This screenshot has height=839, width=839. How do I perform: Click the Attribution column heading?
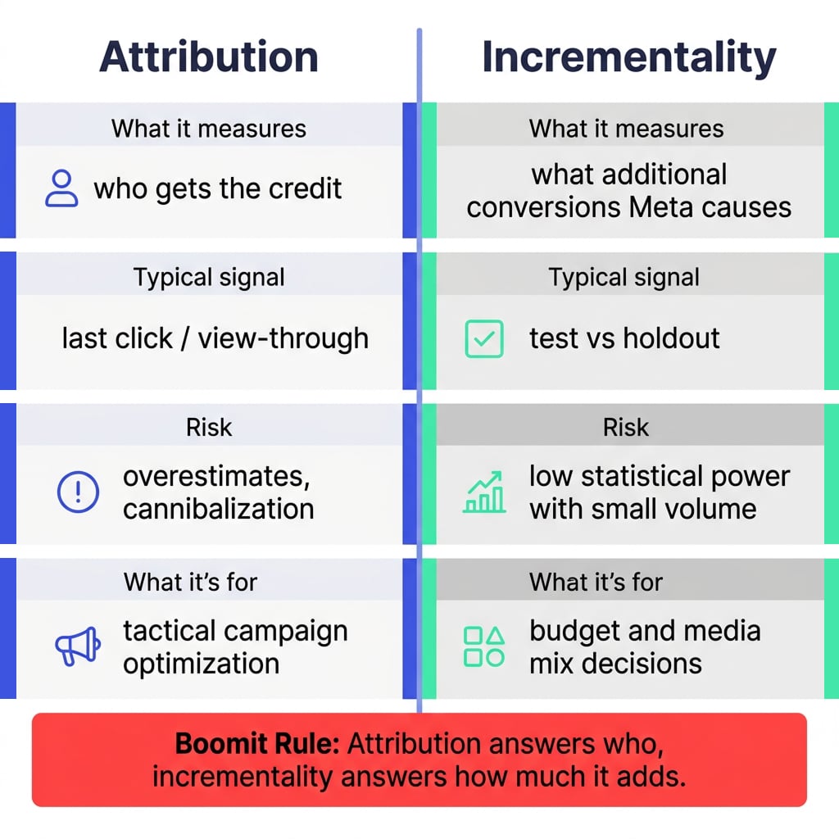pos(209,57)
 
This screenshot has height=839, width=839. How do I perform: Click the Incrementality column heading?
pos(629,58)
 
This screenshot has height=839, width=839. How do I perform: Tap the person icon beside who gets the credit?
pos(61,188)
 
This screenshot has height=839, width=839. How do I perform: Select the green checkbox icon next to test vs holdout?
pos(484,338)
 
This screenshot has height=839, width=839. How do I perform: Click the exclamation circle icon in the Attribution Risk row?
pos(78,492)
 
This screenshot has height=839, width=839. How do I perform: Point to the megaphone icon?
pos(78,646)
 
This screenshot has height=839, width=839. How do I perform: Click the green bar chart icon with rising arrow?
pos(484,492)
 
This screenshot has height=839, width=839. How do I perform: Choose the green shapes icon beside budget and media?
pos(484,646)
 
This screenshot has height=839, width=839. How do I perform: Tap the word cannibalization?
pos(218,509)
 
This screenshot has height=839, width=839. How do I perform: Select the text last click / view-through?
pos(215,339)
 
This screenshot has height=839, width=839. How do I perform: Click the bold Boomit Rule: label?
pos(257,744)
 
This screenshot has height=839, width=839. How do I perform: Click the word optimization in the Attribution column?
pos(202,664)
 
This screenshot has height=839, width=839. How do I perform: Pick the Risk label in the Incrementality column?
pos(625,428)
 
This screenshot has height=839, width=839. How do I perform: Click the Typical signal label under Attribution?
pos(209,278)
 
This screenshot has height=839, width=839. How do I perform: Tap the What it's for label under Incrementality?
pos(596,583)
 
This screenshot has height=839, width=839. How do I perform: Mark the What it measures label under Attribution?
pos(209,129)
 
